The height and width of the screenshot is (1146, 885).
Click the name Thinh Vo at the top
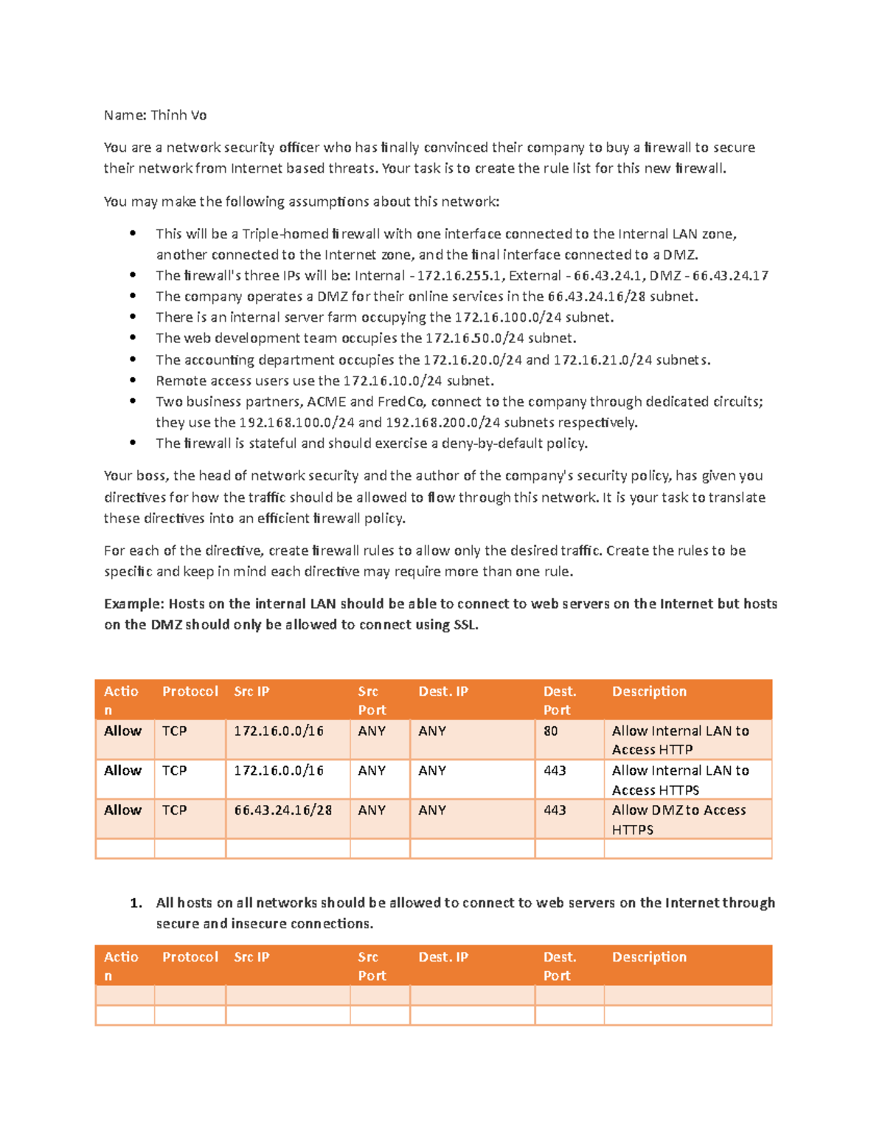(178, 115)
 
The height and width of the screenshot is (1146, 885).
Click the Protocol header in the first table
(190, 691)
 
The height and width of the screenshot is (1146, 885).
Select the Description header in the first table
(649, 691)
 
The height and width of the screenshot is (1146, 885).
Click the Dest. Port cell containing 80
(551, 731)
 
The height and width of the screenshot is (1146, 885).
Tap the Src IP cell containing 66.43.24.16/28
(282, 810)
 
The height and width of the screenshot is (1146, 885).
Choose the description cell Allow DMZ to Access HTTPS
(678, 820)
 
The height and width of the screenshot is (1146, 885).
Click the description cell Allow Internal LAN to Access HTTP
(680, 740)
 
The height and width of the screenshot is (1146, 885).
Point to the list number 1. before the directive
(136, 903)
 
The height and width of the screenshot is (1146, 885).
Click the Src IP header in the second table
(251, 957)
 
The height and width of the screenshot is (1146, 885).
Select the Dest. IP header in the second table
(443, 957)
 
